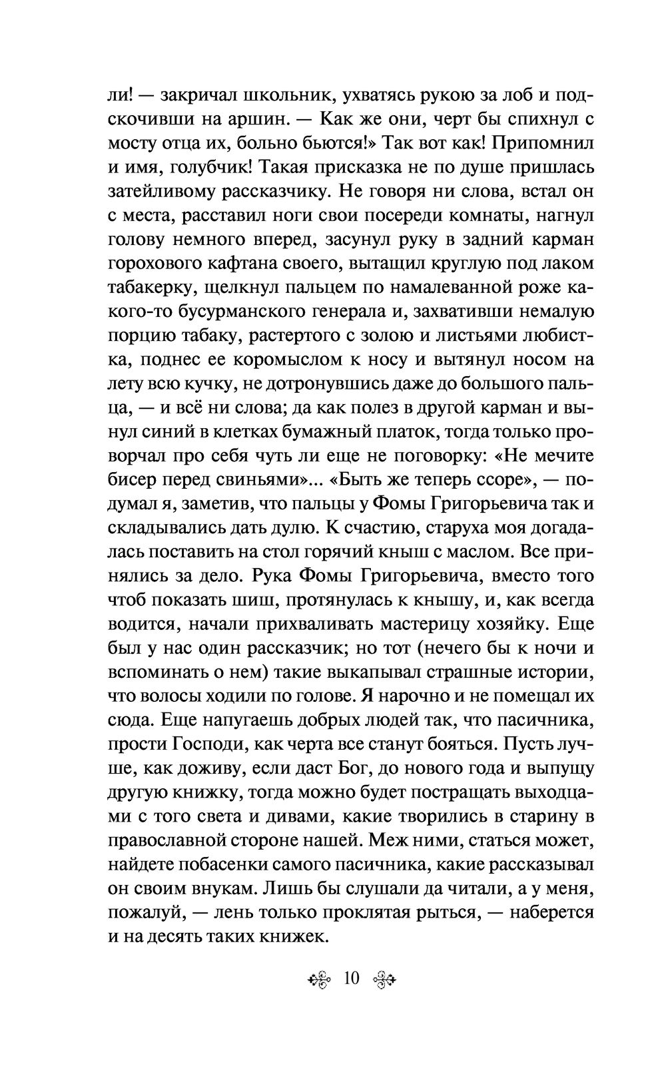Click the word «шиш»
tap(251, 600)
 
